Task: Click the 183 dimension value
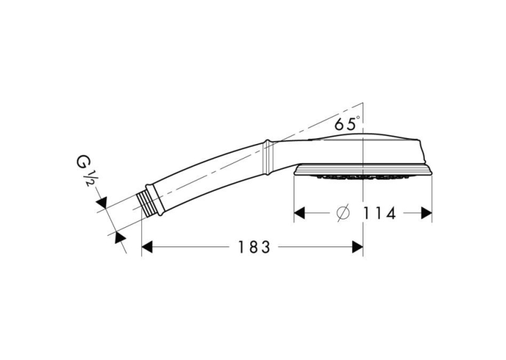click(x=254, y=248)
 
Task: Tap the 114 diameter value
click(x=379, y=213)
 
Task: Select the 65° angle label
click(x=347, y=124)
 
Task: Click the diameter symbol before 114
click(x=343, y=213)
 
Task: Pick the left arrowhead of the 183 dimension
click(x=147, y=247)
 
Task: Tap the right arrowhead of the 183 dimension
click(x=358, y=247)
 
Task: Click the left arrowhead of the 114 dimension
click(x=299, y=213)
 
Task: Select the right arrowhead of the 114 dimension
click(x=427, y=213)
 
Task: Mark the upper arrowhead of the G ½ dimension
click(x=102, y=203)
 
